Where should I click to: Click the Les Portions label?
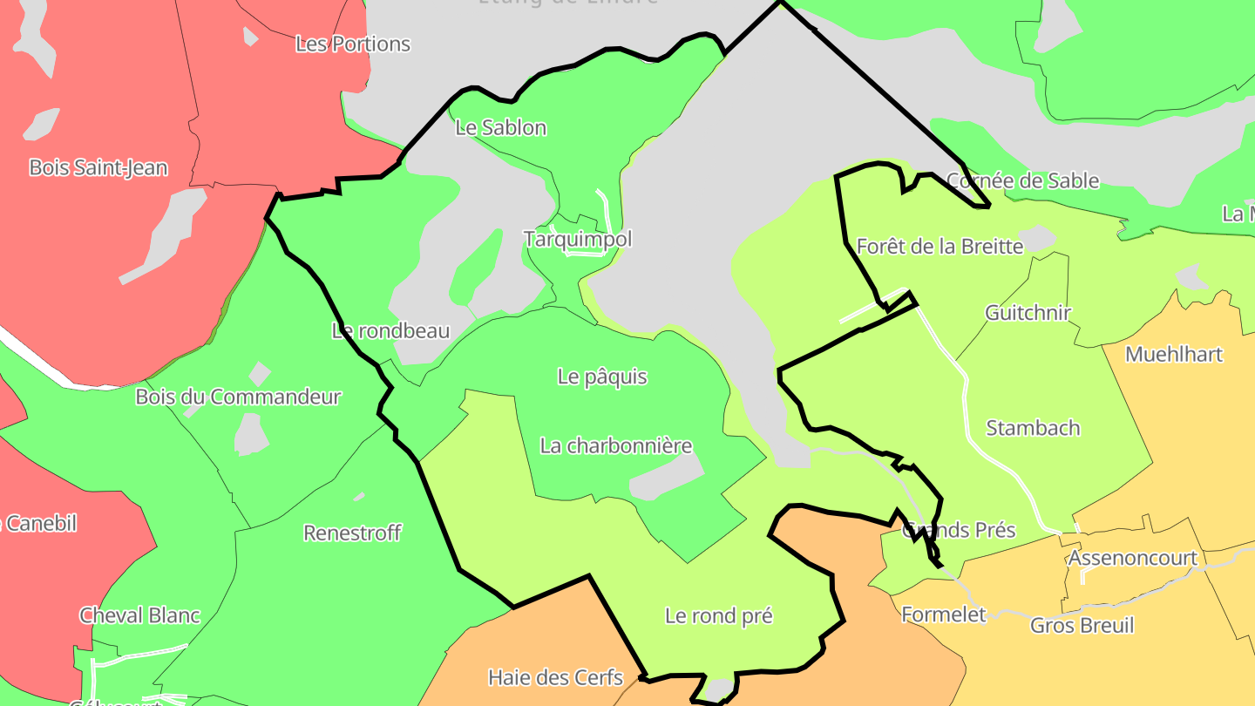352,44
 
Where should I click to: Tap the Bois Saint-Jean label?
98,167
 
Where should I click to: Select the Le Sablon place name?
500,127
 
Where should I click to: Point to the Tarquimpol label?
577,238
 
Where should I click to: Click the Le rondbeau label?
390,330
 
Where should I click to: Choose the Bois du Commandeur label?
237,397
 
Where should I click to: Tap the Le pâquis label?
602,377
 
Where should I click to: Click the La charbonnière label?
615,445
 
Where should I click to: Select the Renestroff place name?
351,532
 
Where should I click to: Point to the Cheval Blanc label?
139,615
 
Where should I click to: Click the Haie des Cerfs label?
555,677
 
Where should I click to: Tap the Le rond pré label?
718,615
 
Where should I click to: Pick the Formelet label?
943,614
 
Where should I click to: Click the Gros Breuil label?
1082,625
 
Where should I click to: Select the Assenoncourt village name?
1132,558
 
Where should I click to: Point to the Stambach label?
1033,428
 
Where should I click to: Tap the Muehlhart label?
1173,354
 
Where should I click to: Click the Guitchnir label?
1028,312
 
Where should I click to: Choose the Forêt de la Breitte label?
940,246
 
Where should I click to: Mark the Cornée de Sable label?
1022,180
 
